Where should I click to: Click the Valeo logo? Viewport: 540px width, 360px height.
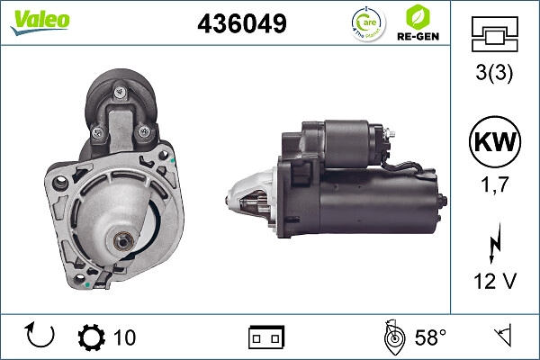pos(40,22)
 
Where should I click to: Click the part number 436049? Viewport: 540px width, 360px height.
pos(242,23)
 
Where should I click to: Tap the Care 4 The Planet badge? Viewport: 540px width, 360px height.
pos(368,24)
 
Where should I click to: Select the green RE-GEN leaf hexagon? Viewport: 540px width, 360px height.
pos(418,17)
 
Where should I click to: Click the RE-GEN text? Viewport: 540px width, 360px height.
pos(418,37)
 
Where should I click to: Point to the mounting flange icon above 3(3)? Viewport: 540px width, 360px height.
pos(494,34)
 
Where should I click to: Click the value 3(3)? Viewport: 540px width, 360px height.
pos(494,73)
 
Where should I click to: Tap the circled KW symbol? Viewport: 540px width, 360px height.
pos(495,141)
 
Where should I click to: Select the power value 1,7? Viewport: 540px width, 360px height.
pos(494,184)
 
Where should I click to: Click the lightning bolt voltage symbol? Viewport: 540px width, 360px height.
pos(494,243)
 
